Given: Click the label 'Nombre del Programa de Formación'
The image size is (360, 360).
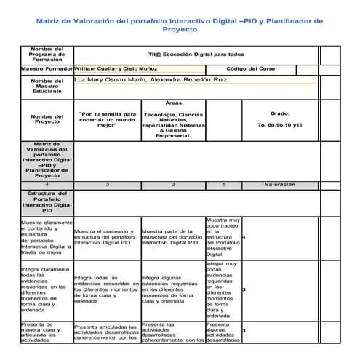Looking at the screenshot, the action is (47, 54).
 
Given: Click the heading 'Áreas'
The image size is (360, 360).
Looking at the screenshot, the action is (174, 103).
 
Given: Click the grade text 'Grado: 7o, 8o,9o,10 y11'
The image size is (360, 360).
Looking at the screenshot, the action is (279, 119).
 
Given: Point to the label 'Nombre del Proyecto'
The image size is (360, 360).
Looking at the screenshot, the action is (47, 119).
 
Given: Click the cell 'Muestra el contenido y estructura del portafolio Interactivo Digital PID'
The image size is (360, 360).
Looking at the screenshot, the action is (106, 237).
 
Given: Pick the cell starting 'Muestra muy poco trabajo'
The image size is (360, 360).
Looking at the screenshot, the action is (223, 237).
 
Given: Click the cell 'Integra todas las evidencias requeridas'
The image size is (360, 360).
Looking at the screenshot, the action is (106, 289).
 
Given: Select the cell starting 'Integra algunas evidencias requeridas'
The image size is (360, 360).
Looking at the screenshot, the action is (172, 289).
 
